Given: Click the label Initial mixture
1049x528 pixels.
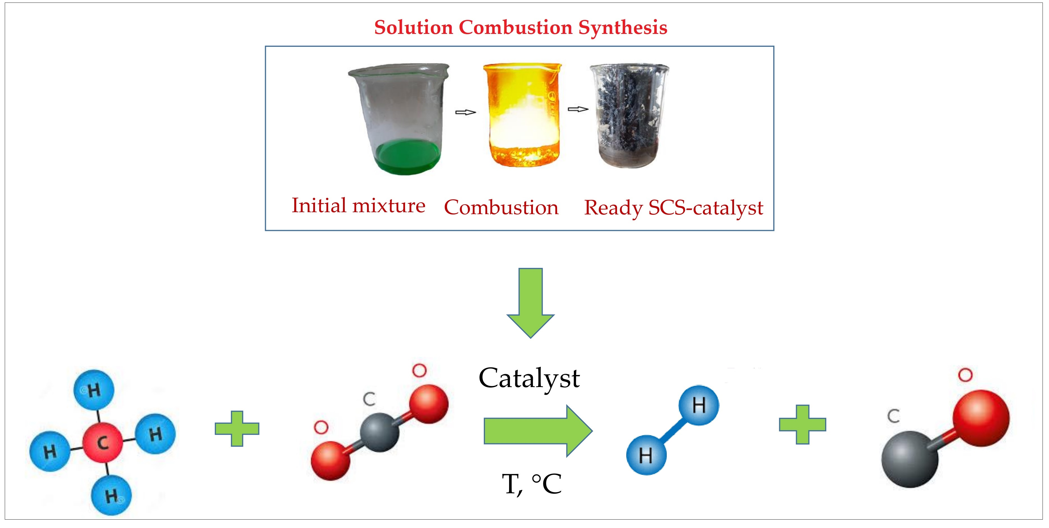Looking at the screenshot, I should point(358,205).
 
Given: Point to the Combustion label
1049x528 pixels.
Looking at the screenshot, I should point(501,207).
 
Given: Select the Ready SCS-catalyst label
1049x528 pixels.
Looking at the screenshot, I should point(673,208).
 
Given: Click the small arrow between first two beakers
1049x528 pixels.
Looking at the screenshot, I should point(465,112).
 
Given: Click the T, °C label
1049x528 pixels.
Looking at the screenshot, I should point(532,484).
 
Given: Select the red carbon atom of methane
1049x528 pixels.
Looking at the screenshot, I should point(102,443).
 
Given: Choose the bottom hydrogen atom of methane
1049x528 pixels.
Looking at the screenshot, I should point(111,495).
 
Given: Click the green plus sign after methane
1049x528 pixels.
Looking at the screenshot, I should point(237,428).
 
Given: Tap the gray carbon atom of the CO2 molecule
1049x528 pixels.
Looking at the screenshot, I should point(379,432).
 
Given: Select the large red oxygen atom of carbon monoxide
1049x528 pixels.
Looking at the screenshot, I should point(981,418).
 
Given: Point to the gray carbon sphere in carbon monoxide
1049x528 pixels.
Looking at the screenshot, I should point(910,459).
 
